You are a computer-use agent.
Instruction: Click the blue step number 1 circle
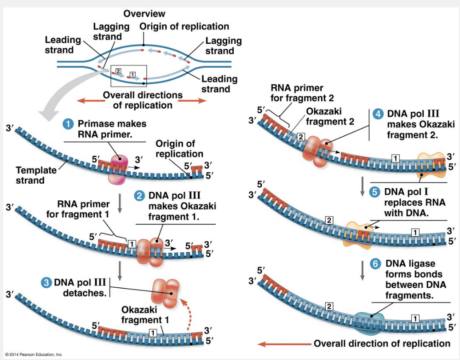pos(69,124)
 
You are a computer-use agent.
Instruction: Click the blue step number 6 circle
pos(376,264)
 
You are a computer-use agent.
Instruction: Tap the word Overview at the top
pos(144,14)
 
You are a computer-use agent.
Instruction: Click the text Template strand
pos(36,175)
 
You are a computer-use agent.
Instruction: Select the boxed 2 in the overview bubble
pos(118,71)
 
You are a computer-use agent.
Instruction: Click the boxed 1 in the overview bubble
pos(133,75)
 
